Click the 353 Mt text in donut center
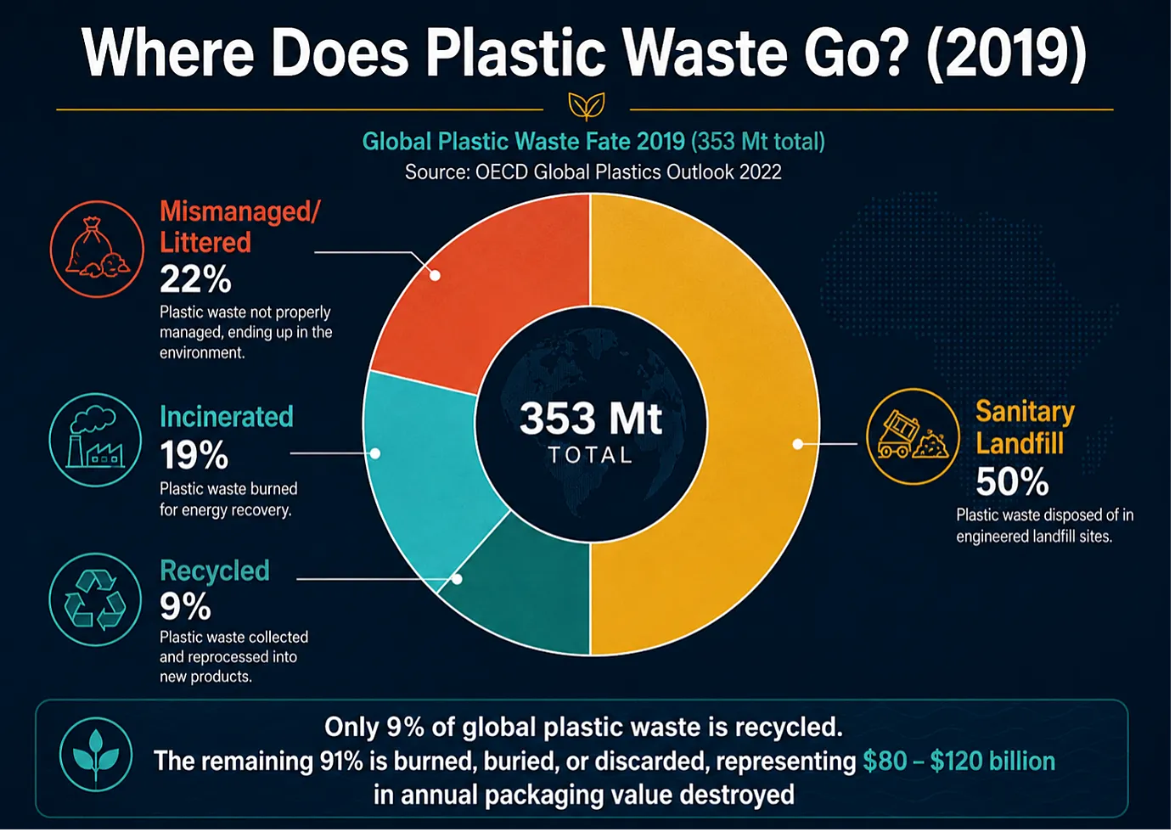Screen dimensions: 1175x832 [591, 419]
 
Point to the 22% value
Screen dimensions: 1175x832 [195, 279]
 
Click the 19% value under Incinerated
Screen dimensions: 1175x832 [194, 455]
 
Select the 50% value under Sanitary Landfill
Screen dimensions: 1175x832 [1012, 481]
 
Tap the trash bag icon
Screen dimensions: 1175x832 [97, 250]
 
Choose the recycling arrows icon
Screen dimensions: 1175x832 [95, 599]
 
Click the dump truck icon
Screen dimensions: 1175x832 [913, 436]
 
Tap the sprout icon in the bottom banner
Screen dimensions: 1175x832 [95, 755]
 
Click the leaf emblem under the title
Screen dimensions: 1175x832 [587, 106]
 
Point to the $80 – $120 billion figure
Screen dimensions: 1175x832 [959, 762]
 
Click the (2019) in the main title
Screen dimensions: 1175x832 [1006, 53]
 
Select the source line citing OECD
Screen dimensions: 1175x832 [593, 172]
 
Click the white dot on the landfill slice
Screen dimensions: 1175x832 [797, 444]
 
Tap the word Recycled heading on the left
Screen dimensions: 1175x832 [215, 571]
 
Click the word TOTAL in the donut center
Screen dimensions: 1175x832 [591, 455]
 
